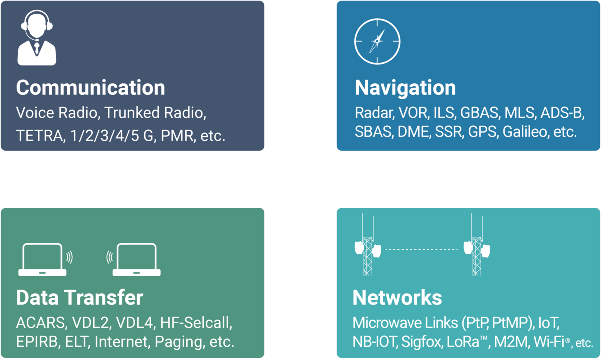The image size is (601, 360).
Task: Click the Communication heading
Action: tap(91, 88)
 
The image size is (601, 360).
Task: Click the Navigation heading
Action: tap(405, 88)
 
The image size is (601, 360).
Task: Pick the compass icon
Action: tap(377, 41)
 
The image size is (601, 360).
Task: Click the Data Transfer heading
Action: tap(80, 298)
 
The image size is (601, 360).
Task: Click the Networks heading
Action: tap(397, 298)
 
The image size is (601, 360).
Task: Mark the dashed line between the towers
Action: tap(422, 249)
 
